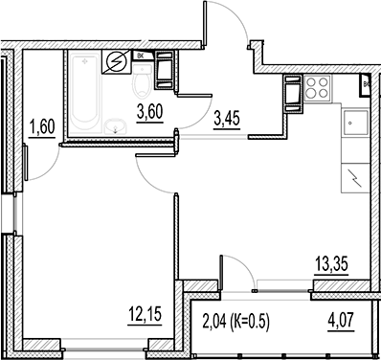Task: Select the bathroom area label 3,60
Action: [148, 112]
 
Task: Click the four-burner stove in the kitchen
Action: [316, 92]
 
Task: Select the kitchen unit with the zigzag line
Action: [354, 176]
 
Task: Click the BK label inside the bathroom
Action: [143, 56]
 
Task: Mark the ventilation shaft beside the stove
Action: [290, 94]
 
